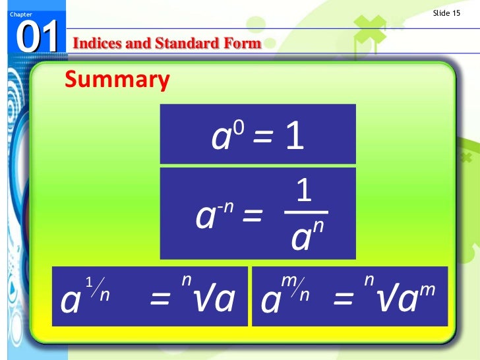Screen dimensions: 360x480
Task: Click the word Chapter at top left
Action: click(x=12, y=15)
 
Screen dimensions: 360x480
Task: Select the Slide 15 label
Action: click(x=446, y=14)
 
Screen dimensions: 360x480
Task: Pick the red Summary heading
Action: click(x=117, y=80)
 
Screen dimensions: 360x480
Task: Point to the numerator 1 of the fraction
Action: click(x=303, y=192)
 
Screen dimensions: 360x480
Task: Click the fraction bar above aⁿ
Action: click(x=305, y=212)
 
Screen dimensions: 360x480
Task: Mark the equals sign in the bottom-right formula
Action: click(x=344, y=301)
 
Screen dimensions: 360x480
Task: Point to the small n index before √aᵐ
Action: click(x=369, y=282)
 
